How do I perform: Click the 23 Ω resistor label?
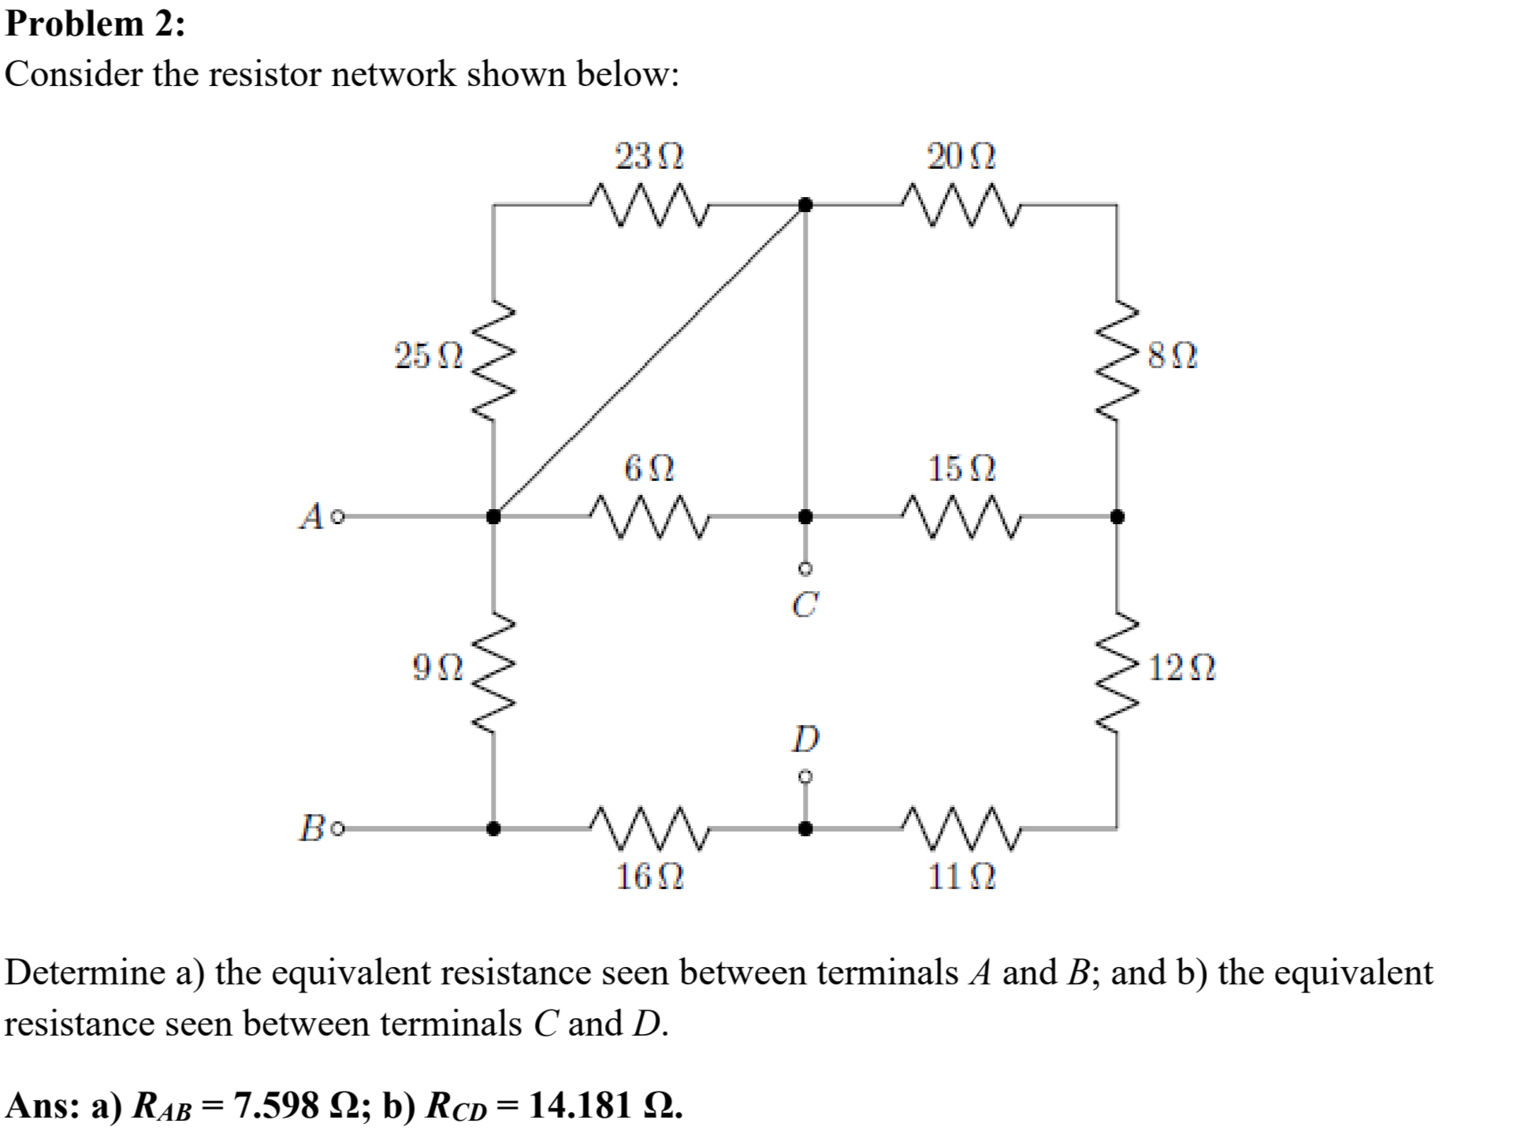coord(649,157)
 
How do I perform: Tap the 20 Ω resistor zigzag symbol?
coord(961,206)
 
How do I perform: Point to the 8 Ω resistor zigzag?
coord(1117,360)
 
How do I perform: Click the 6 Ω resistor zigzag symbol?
coord(649,517)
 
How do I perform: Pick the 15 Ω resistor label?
coord(961,469)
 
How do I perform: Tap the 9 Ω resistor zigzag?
coord(494,672)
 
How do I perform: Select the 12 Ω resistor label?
coord(1181,668)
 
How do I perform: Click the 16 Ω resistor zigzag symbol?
coord(649,828)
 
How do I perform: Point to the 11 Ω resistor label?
coord(961,876)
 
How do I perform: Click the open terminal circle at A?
coord(338,518)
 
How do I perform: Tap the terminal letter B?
coord(311,829)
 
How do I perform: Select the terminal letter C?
coord(805,604)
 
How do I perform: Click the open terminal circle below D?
coord(805,777)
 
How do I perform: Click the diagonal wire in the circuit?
coord(649,361)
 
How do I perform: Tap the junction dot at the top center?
coord(805,205)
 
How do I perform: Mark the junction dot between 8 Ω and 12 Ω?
coord(1117,517)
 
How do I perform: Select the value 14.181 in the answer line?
coord(581,1105)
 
